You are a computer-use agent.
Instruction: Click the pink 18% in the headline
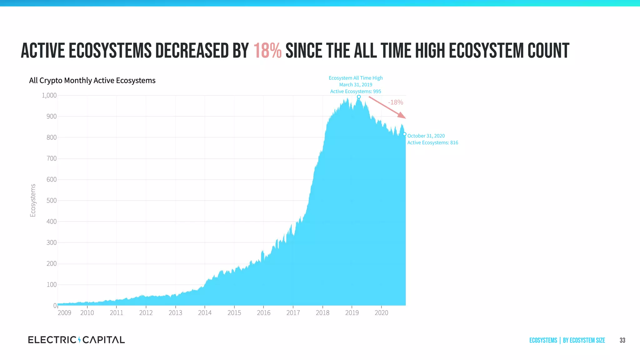[267, 51]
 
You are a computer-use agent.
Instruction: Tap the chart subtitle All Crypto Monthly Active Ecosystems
[92, 80]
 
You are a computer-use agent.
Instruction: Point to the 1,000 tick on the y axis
[49, 95]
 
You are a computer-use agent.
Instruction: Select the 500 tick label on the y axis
[52, 200]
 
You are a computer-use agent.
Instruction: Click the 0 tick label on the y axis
[55, 306]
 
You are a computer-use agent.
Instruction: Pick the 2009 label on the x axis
[64, 313]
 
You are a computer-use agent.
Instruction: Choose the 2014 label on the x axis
[205, 313]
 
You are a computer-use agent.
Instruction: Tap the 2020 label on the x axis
[381, 313]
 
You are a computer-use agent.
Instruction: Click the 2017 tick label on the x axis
[293, 313]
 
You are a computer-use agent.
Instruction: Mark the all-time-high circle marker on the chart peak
[359, 97]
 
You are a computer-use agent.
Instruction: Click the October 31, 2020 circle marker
[404, 134]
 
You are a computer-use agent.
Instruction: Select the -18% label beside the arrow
[395, 102]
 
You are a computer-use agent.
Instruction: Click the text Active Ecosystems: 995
[356, 92]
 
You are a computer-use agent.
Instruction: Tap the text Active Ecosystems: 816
[432, 143]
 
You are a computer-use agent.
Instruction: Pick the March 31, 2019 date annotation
[356, 85]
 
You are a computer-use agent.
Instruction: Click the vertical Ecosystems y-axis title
[33, 200]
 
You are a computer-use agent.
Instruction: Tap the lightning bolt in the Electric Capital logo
[79, 340]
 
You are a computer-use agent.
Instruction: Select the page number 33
[622, 340]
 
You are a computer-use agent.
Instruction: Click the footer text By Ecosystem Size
[584, 340]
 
